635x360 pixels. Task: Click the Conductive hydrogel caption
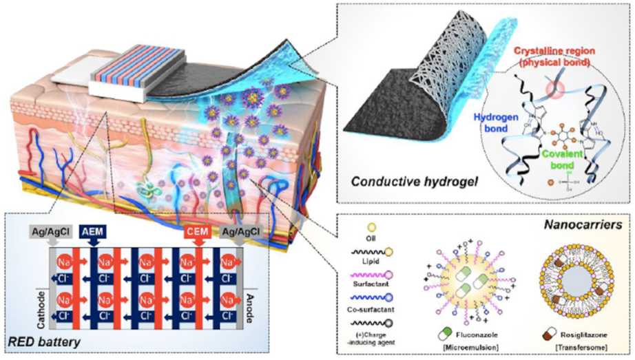(x=394, y=182)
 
